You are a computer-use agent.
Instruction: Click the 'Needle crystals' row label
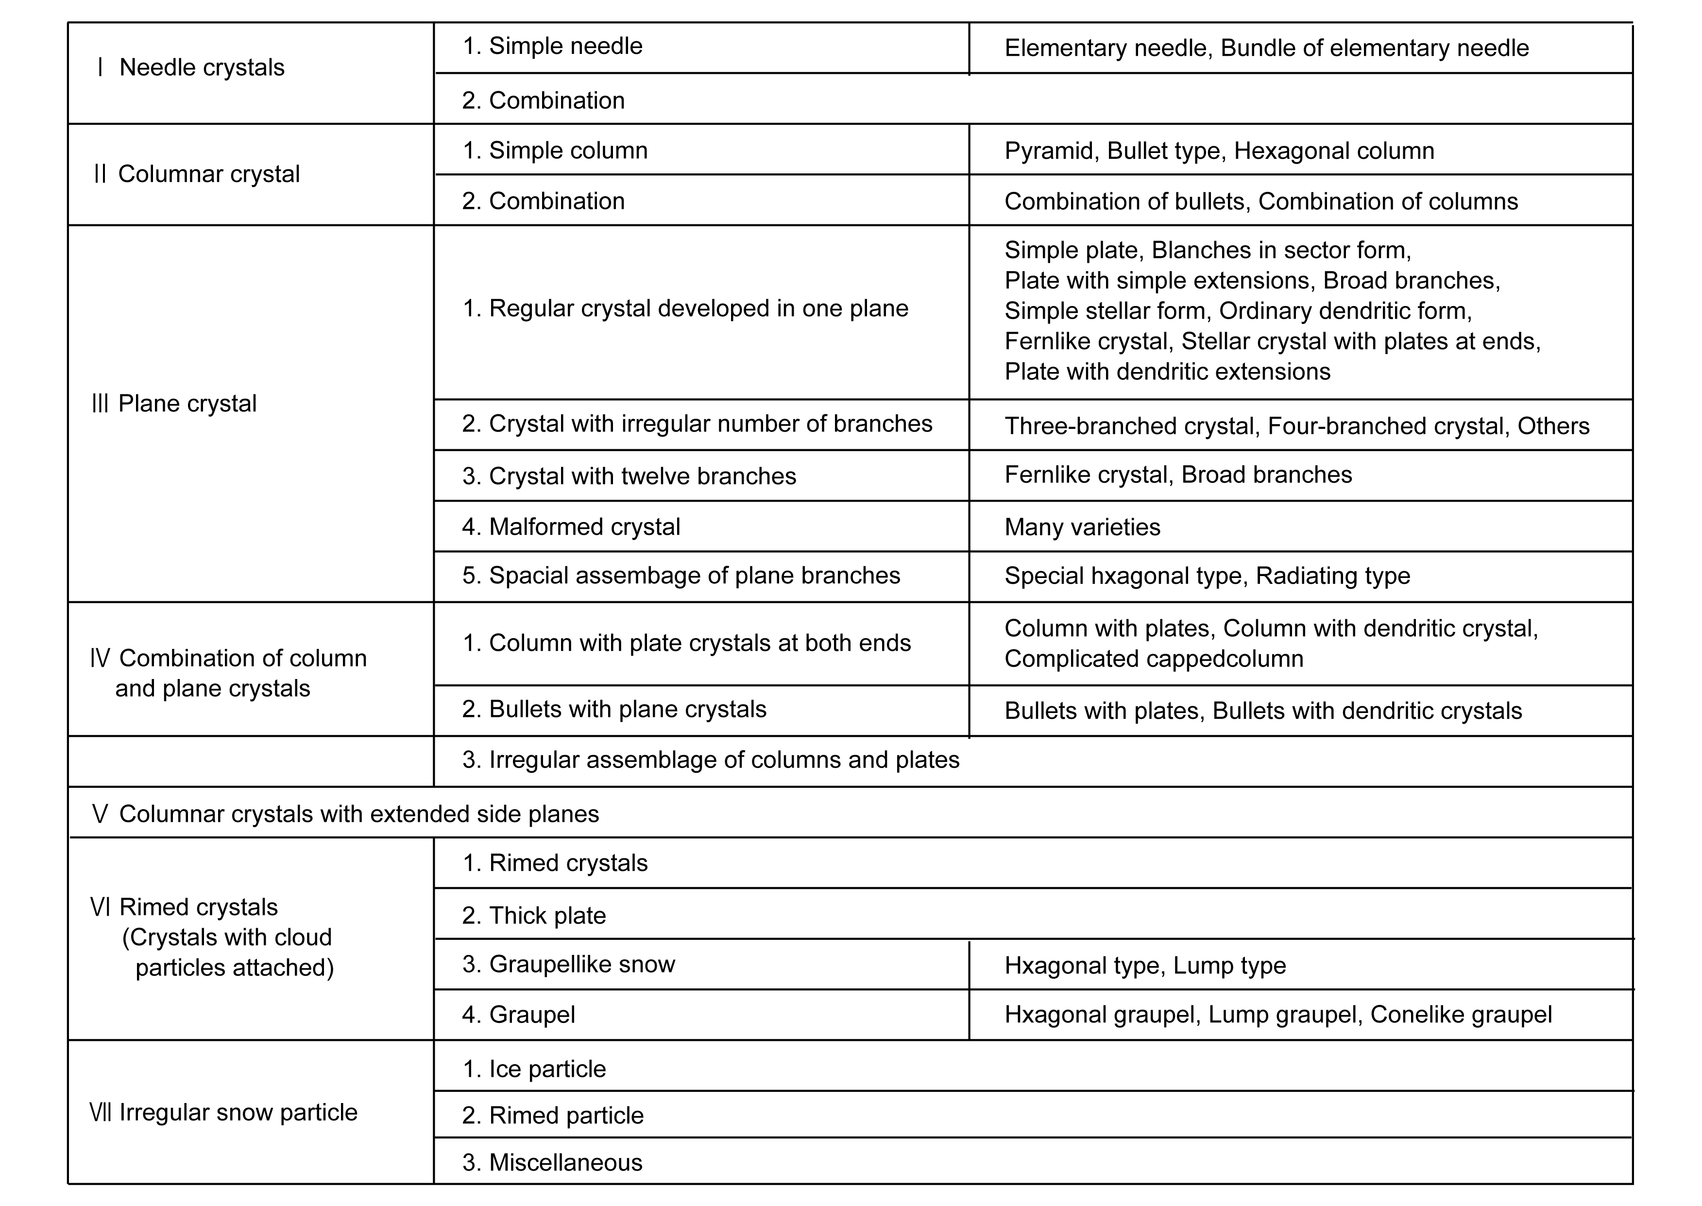tap(191, 68)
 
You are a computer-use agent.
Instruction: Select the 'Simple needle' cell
tap(552, 46)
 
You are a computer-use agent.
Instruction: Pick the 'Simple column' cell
tap(555, 151)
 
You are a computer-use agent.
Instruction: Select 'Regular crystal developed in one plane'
tap(685, 309)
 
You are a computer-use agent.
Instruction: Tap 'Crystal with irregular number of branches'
tap(697, 424)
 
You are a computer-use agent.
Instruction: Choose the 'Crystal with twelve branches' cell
tap(628, 476)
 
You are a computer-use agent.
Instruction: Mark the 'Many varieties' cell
tap(1082, 527)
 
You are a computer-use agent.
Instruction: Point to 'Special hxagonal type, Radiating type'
tap(1207, 576)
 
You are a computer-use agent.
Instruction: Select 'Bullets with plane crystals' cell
tap(613, 709)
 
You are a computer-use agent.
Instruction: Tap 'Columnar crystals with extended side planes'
tap(345, 815)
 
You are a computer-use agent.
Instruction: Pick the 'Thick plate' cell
tap(533, 916)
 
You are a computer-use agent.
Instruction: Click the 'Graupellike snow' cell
tap(568, 965)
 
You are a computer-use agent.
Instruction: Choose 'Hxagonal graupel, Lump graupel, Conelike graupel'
tap(1277, 1015)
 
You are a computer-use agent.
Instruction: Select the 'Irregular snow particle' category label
tap(224, 1112)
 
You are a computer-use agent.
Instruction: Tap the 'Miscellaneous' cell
tap(552, 1163)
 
